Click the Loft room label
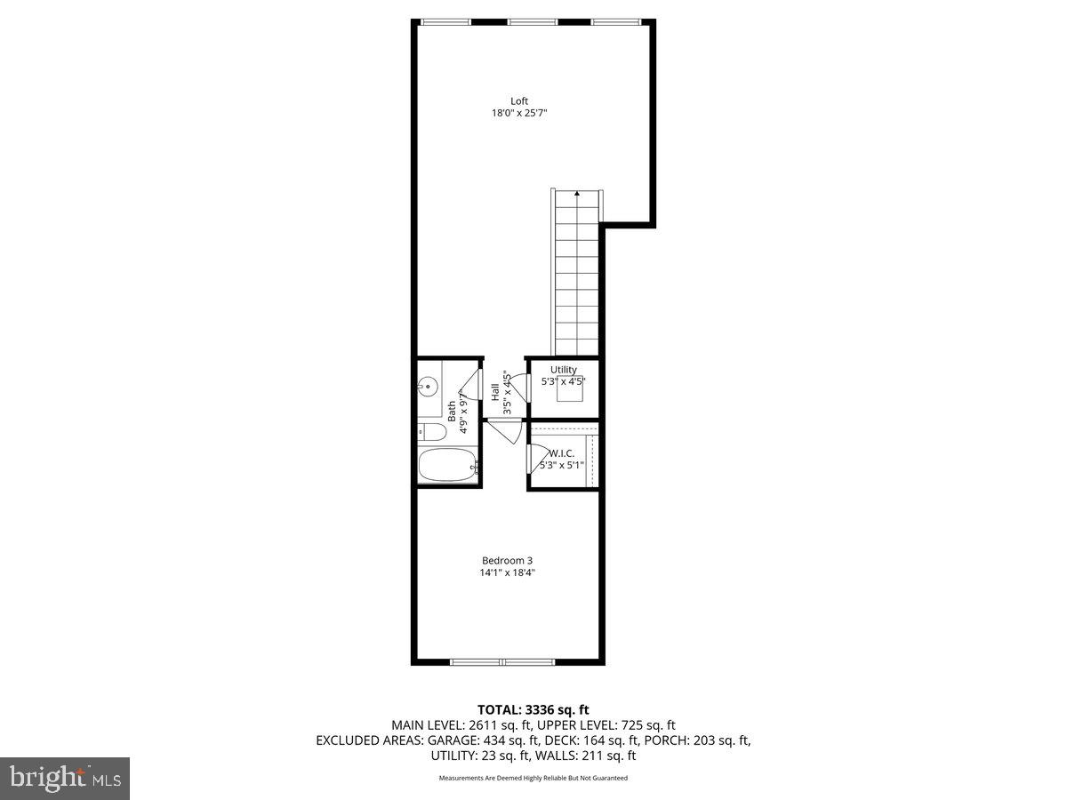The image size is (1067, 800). coord(519,100)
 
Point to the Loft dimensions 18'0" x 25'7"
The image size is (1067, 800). coord(519,113)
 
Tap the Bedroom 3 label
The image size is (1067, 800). coord(507,560)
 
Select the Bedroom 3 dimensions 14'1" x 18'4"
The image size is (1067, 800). coord(507,572)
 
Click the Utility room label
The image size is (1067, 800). coord(563,370)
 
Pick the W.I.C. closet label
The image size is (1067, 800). coord(562,452)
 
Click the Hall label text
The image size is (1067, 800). coord(495,392)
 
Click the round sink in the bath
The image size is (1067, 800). coord(428,387)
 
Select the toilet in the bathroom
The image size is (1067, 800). coord(432,433)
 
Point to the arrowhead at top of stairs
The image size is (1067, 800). coord(577,193)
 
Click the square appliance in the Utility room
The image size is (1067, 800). coord(570,391)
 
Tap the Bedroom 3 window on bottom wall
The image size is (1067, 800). coord(502,661)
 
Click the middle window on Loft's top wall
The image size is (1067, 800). coord(532,21)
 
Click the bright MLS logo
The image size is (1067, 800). coord(65,778)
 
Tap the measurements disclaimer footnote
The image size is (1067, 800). coord(533,778)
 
